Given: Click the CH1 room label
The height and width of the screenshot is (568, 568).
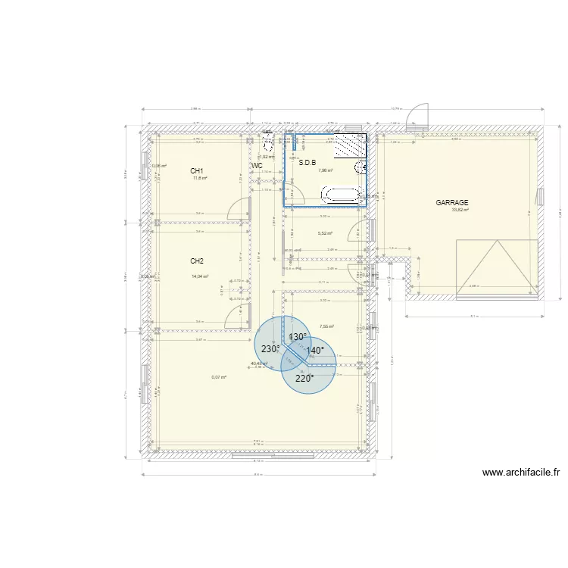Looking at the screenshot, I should (197, 171).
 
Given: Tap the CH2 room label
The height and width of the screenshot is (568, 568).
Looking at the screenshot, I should (197, 261).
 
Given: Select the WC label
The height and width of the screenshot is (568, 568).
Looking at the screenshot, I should (257, 165).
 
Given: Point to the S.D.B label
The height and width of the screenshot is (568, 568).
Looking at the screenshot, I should (307, 162).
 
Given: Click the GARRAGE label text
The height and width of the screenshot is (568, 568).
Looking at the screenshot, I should (452, 202).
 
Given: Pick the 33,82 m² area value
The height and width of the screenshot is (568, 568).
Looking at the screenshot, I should (460, 210).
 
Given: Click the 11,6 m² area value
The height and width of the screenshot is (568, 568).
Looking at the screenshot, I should (199, 179).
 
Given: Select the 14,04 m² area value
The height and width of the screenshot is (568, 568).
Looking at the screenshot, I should (200, 276).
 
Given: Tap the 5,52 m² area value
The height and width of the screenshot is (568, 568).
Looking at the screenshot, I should (326, 234).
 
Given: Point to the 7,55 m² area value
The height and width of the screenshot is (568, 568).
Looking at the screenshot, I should (326, 326).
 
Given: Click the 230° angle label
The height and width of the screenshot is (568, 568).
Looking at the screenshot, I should (270, 349).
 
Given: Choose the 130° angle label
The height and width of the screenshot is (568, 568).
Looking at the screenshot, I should (297, 337).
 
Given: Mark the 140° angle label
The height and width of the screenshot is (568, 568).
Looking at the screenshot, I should (315, 351).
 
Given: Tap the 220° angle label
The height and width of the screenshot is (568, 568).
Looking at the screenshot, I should (304, 379).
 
